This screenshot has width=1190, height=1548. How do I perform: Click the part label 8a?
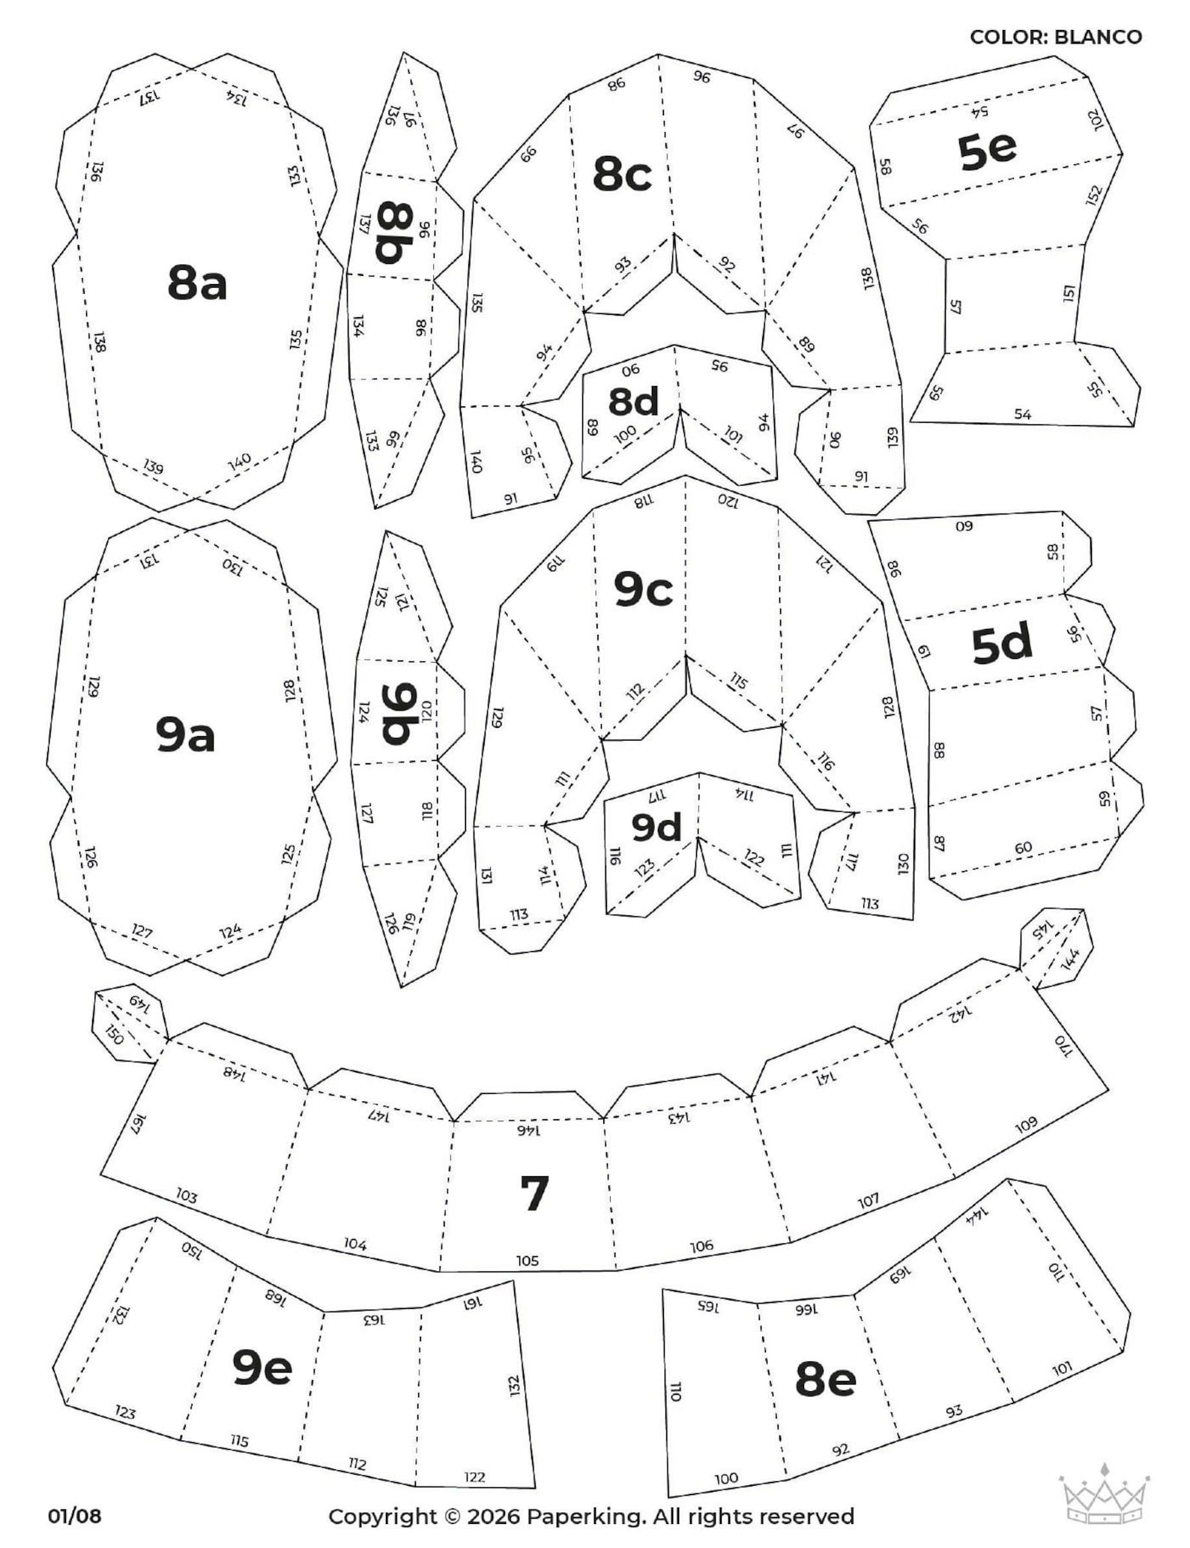click(197, 283)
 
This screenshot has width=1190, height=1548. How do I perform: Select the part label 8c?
click(622, 174)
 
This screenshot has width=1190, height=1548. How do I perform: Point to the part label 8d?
click(633, 401)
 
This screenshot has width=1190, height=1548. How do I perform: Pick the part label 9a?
click(185, 734)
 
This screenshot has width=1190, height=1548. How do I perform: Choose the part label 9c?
click(643, 588)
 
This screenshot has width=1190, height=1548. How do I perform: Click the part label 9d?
click(656, 827)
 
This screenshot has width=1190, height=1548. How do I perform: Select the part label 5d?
click(1002, 645)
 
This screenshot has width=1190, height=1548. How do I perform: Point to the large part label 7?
click(534, 1193)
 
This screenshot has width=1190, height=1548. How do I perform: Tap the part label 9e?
click(262, 1367)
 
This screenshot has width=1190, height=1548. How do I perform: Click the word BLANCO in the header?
click(1098, 37)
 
